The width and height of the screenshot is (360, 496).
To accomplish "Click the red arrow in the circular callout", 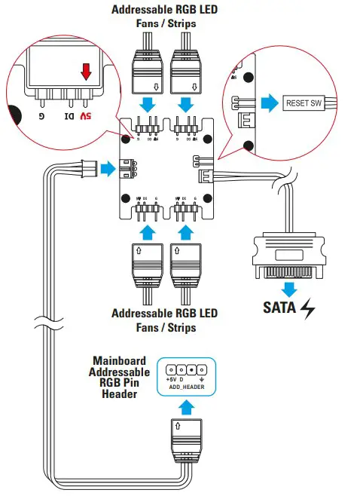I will [86, 72].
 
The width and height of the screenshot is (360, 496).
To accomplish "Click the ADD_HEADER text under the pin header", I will [185, 385].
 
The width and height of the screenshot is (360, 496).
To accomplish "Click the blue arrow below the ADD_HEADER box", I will [184, 407].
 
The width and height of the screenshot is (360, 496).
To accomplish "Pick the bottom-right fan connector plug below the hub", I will [186, 264].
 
